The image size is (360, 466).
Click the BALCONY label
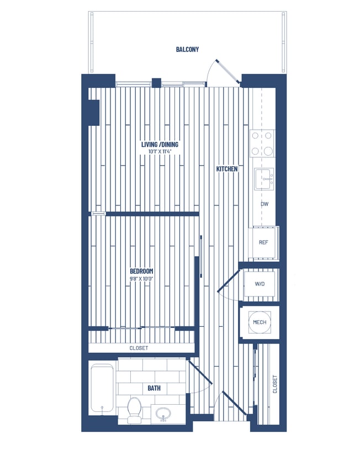tap(187, 50)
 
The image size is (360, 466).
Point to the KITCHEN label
tap(227, 169)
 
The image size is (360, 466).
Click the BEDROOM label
tap(141, 271)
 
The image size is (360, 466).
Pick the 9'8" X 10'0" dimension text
tap(141, 278)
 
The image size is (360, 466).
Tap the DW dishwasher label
tap(264, 204)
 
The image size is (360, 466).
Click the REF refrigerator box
tap(264, 242)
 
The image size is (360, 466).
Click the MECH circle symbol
tap(260, 322)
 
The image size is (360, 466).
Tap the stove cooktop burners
tap(262, 143)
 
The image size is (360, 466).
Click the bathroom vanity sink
tap(163, 413)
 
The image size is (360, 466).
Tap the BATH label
tap(154, 388)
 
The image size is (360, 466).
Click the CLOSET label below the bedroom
tap(139, 348)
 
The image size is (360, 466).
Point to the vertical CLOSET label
tap(274, 384)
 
